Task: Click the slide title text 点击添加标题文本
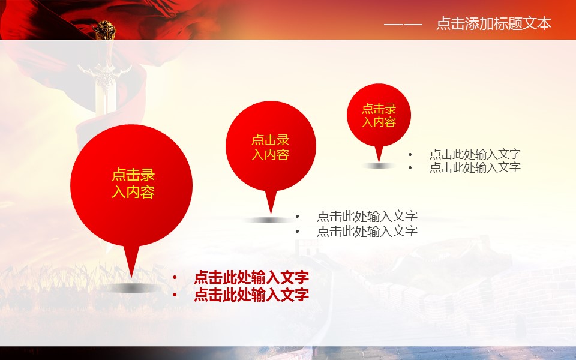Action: pos(494,23)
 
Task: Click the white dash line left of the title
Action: pos(403,25)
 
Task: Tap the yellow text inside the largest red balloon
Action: pos(133,184)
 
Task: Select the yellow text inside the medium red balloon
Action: pos(271,148)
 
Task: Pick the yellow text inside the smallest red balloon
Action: pos(379,115)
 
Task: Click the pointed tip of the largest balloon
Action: pos(131,277)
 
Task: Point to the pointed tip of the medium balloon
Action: pos(271,214)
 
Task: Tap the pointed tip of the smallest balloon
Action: pos(379,161)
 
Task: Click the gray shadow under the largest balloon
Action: pos(131,288)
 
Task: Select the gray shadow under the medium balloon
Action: pos(269,220)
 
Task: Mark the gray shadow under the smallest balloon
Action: pos(379,166)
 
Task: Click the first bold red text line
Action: pos(251,277)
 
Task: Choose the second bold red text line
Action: pos(251,295)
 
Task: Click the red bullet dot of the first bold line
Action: pos(175,278)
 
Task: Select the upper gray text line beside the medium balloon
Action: pos(367,217)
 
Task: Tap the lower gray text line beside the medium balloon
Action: pos(367,231)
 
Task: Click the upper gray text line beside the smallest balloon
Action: pos(475,154)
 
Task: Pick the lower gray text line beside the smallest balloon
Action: pos(475,167)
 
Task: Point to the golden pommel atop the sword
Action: pos(104,30)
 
